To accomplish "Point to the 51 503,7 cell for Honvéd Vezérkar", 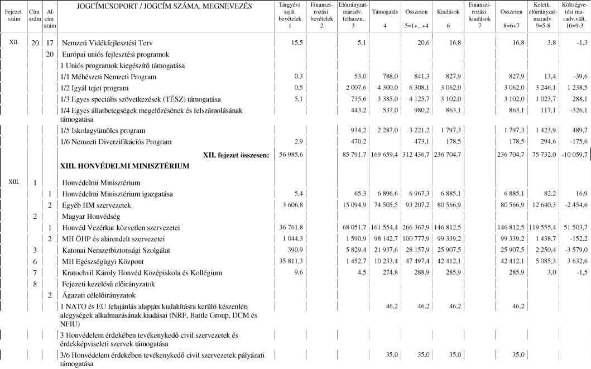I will [573, 228].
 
